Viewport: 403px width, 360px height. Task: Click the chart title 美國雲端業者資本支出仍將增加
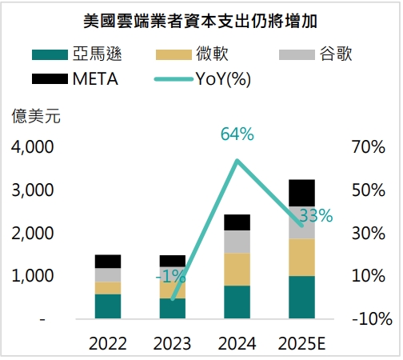pos(201,17)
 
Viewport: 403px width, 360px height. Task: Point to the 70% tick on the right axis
pos(369,147)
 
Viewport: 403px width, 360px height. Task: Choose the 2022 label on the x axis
pos(108,344)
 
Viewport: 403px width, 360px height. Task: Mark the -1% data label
pos(170,277)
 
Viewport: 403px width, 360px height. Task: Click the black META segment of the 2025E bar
pos(301,193)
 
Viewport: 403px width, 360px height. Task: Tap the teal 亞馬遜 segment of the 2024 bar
pos(237,302)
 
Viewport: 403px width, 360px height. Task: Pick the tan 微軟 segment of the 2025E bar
pos(301,257)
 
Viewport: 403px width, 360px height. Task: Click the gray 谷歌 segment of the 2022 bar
pos(108,274)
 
